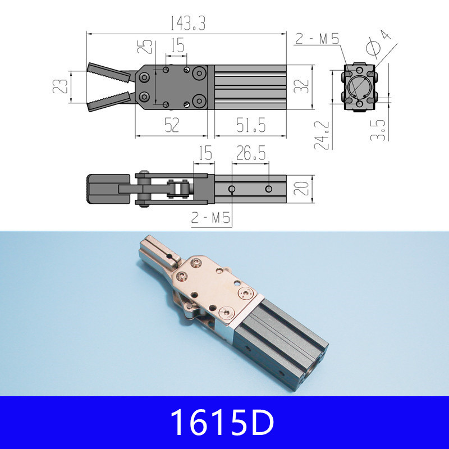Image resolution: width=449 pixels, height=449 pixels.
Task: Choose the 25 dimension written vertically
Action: pos(146,46)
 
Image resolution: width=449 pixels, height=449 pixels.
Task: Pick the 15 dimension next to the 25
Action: pos(177,45)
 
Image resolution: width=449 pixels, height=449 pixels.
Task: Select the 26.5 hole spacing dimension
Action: pos(251,154)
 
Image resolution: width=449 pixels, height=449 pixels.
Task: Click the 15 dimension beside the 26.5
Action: pos(205,154)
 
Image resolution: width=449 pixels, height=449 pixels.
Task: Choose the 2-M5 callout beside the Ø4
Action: pos(317,39)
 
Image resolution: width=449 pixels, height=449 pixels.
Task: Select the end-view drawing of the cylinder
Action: pos(359,88)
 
